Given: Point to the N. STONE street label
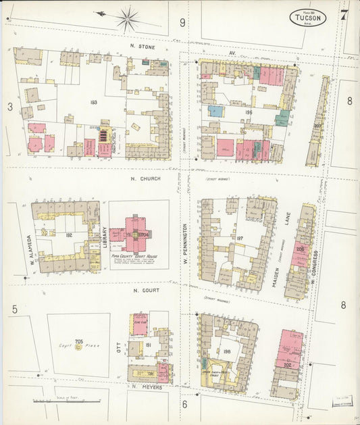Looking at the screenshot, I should point(143,47).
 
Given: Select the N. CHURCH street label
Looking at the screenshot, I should point(144,180).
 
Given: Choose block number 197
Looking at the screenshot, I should point(239,238).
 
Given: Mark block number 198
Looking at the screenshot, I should point(226,351).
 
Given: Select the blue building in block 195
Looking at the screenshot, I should point(215,111).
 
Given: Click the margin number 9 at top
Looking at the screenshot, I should point(182,22).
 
